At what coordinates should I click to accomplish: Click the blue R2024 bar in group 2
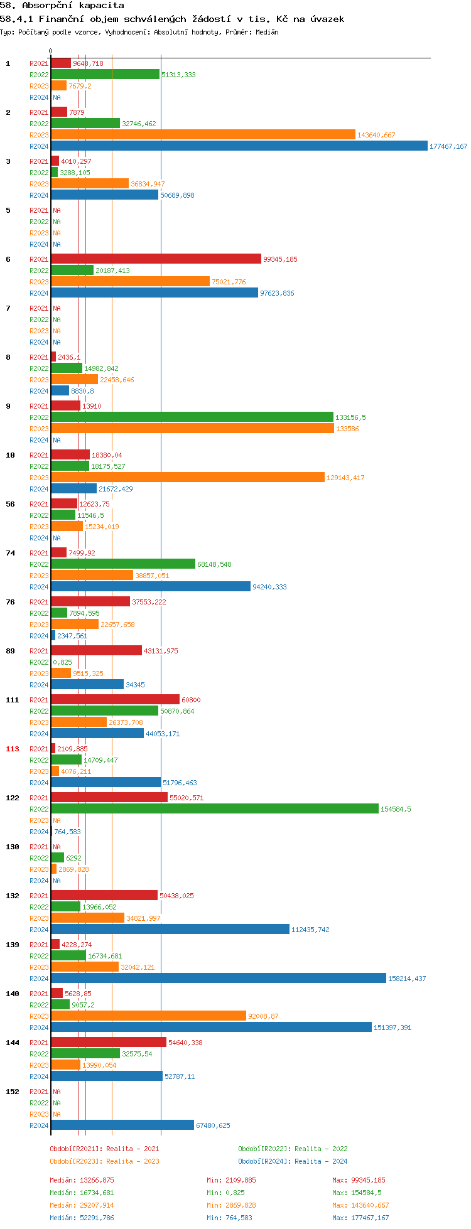pyautogui.click(x=239, y=146)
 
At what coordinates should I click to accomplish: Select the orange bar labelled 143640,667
pyautogui.click(x=203, y=135)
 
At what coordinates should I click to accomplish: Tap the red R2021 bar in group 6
pyautogui.click(x=156, y=259)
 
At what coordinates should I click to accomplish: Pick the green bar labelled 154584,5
pyautogui.click(x=215, y=809)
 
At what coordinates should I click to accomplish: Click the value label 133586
pyautogui.click(x=347, y=429)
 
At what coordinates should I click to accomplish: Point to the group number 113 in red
pyautogui.click(x=13, y=749)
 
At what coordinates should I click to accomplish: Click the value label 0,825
pyautogui.click(x=62, y=662)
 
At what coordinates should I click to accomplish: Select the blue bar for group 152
pyautogui.click(x=122, y=1125)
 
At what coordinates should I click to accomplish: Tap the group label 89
pyautogui.click(x=10, y=651)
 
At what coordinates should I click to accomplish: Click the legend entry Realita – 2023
pyautogui.click(x=104, y=1161)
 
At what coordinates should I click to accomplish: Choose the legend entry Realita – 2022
pyautogui.click(x=293, y=1149)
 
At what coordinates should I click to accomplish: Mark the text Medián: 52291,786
pyautogui.click(x=82, y=1218)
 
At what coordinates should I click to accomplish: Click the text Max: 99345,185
pyautogui.click(x=359, y=1180)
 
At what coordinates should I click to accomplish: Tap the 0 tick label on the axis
pyautogui.click(x=51, y=51)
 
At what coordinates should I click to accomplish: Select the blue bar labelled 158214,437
pyautogui.click(x=219, y=979)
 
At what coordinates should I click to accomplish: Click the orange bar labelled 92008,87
pyautogui.click(x=148, y=1015)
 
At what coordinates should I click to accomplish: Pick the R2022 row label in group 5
pyautogui.click(x=39, y=222)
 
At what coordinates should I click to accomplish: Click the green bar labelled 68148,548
pyautogui.click(x=123, y=564)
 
